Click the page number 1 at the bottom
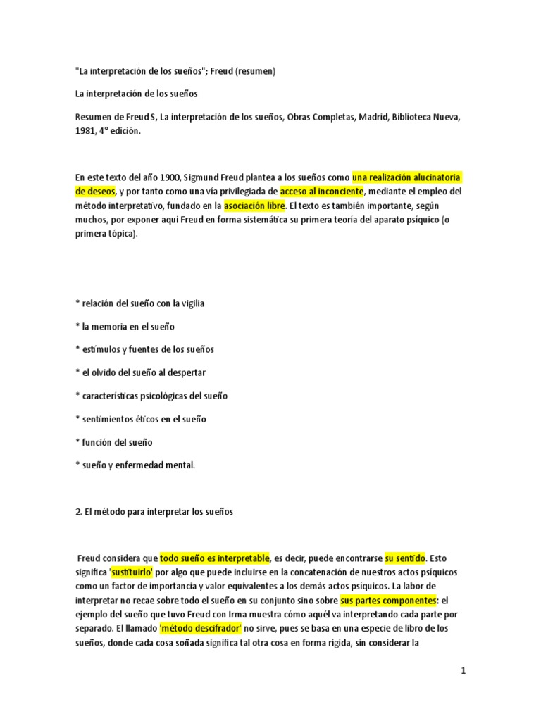click(464, 671)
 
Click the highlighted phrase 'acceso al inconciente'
click(321, 191)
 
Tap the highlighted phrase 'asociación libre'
click(254, 206)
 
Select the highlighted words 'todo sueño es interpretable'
click(214, 558)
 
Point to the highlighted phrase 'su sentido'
click(405, 558)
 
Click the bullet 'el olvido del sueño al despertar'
click(140, 372)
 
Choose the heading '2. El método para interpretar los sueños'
click(153, 512)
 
